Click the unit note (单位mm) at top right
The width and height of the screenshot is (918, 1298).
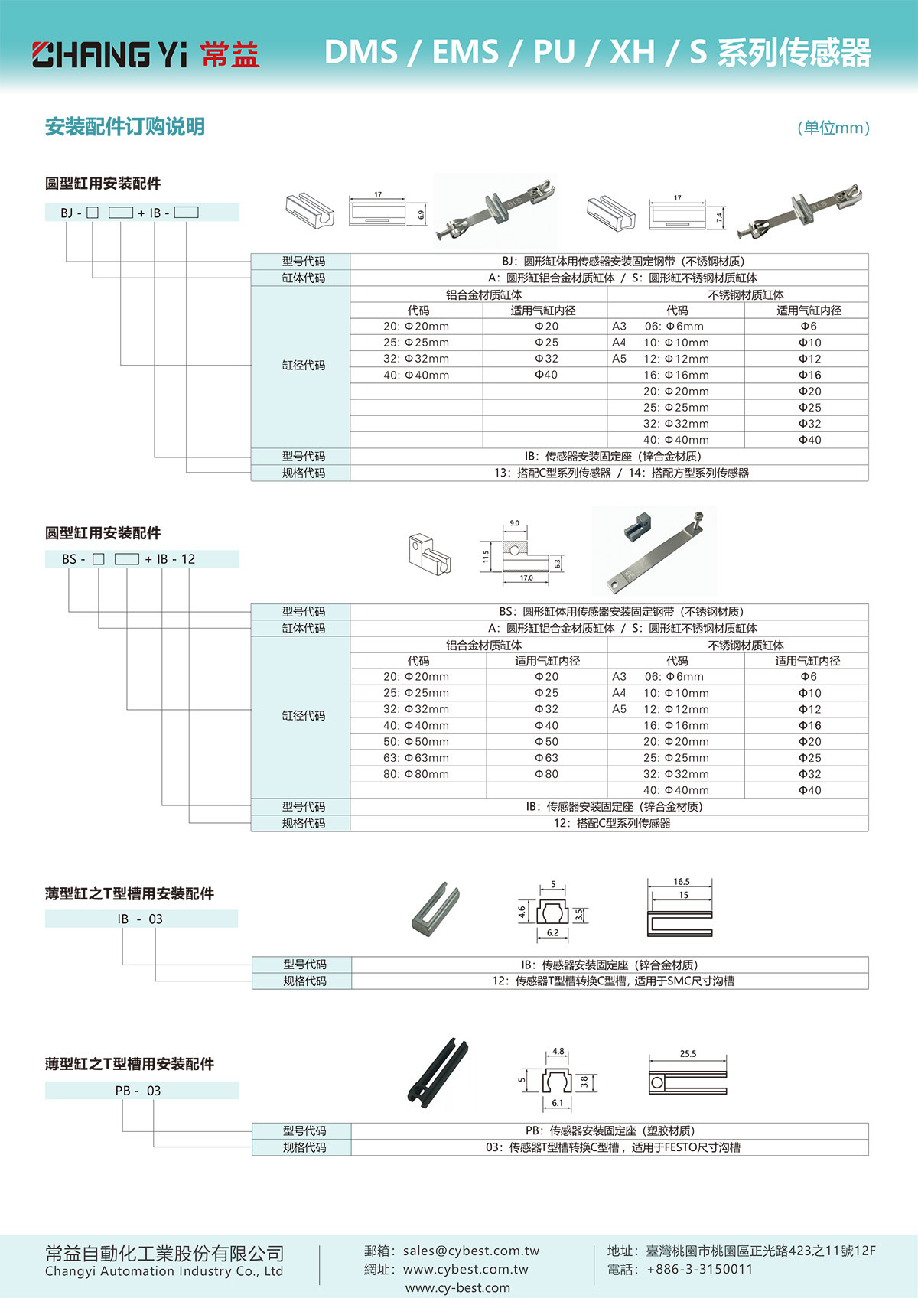(x=833, y=128)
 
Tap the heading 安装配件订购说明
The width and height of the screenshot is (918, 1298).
(x=125, y=127)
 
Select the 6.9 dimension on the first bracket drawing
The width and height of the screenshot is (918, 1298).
(x=421, y=216)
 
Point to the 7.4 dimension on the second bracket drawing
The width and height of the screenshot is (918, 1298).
(x=719, y=217)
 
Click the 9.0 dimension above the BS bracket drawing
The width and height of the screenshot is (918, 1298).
(x=514, y=523)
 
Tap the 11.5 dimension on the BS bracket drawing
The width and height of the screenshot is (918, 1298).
(x=486, y=556)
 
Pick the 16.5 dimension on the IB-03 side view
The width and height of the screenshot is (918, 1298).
(x=681, y=882)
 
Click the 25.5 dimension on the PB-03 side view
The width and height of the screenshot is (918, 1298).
(x=688, y=1053)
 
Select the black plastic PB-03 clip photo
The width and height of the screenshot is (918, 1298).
(x=439, y=1075)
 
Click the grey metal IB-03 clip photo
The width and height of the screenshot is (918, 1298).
(x=435, y=909)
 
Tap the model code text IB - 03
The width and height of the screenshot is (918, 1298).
(x=140, y=919)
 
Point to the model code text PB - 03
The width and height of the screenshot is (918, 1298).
(x=138, y=1091)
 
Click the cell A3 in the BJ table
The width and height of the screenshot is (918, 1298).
(x=619, y=327)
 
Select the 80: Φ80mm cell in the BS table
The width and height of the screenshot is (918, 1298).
(x=416, y=774)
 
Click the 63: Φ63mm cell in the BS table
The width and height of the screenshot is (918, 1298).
(x=416, y=758)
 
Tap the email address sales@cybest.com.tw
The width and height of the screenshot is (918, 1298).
(x=471, y=1251)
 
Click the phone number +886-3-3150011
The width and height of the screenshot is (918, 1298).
(x=699, y=1269)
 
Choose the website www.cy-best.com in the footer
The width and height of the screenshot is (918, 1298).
(x=457, y=1287)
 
